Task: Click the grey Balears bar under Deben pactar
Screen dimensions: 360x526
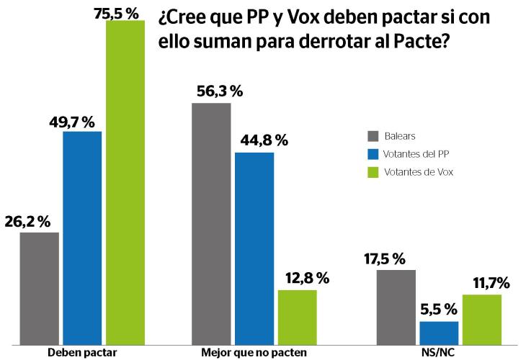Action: pos(39,288)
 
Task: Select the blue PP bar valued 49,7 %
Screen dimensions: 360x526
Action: pos(82,238)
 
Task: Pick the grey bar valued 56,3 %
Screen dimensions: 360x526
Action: pos(211,223)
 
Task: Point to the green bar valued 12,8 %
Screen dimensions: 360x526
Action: pos(297,317)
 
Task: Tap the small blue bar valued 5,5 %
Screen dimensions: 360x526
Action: pos(439,333)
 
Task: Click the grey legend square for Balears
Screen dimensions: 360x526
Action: pos(373,137)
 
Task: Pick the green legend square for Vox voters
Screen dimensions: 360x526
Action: pos(373,171)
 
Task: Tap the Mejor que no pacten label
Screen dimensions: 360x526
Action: pos(253,352)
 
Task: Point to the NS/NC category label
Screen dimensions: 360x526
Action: pos(438,352)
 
